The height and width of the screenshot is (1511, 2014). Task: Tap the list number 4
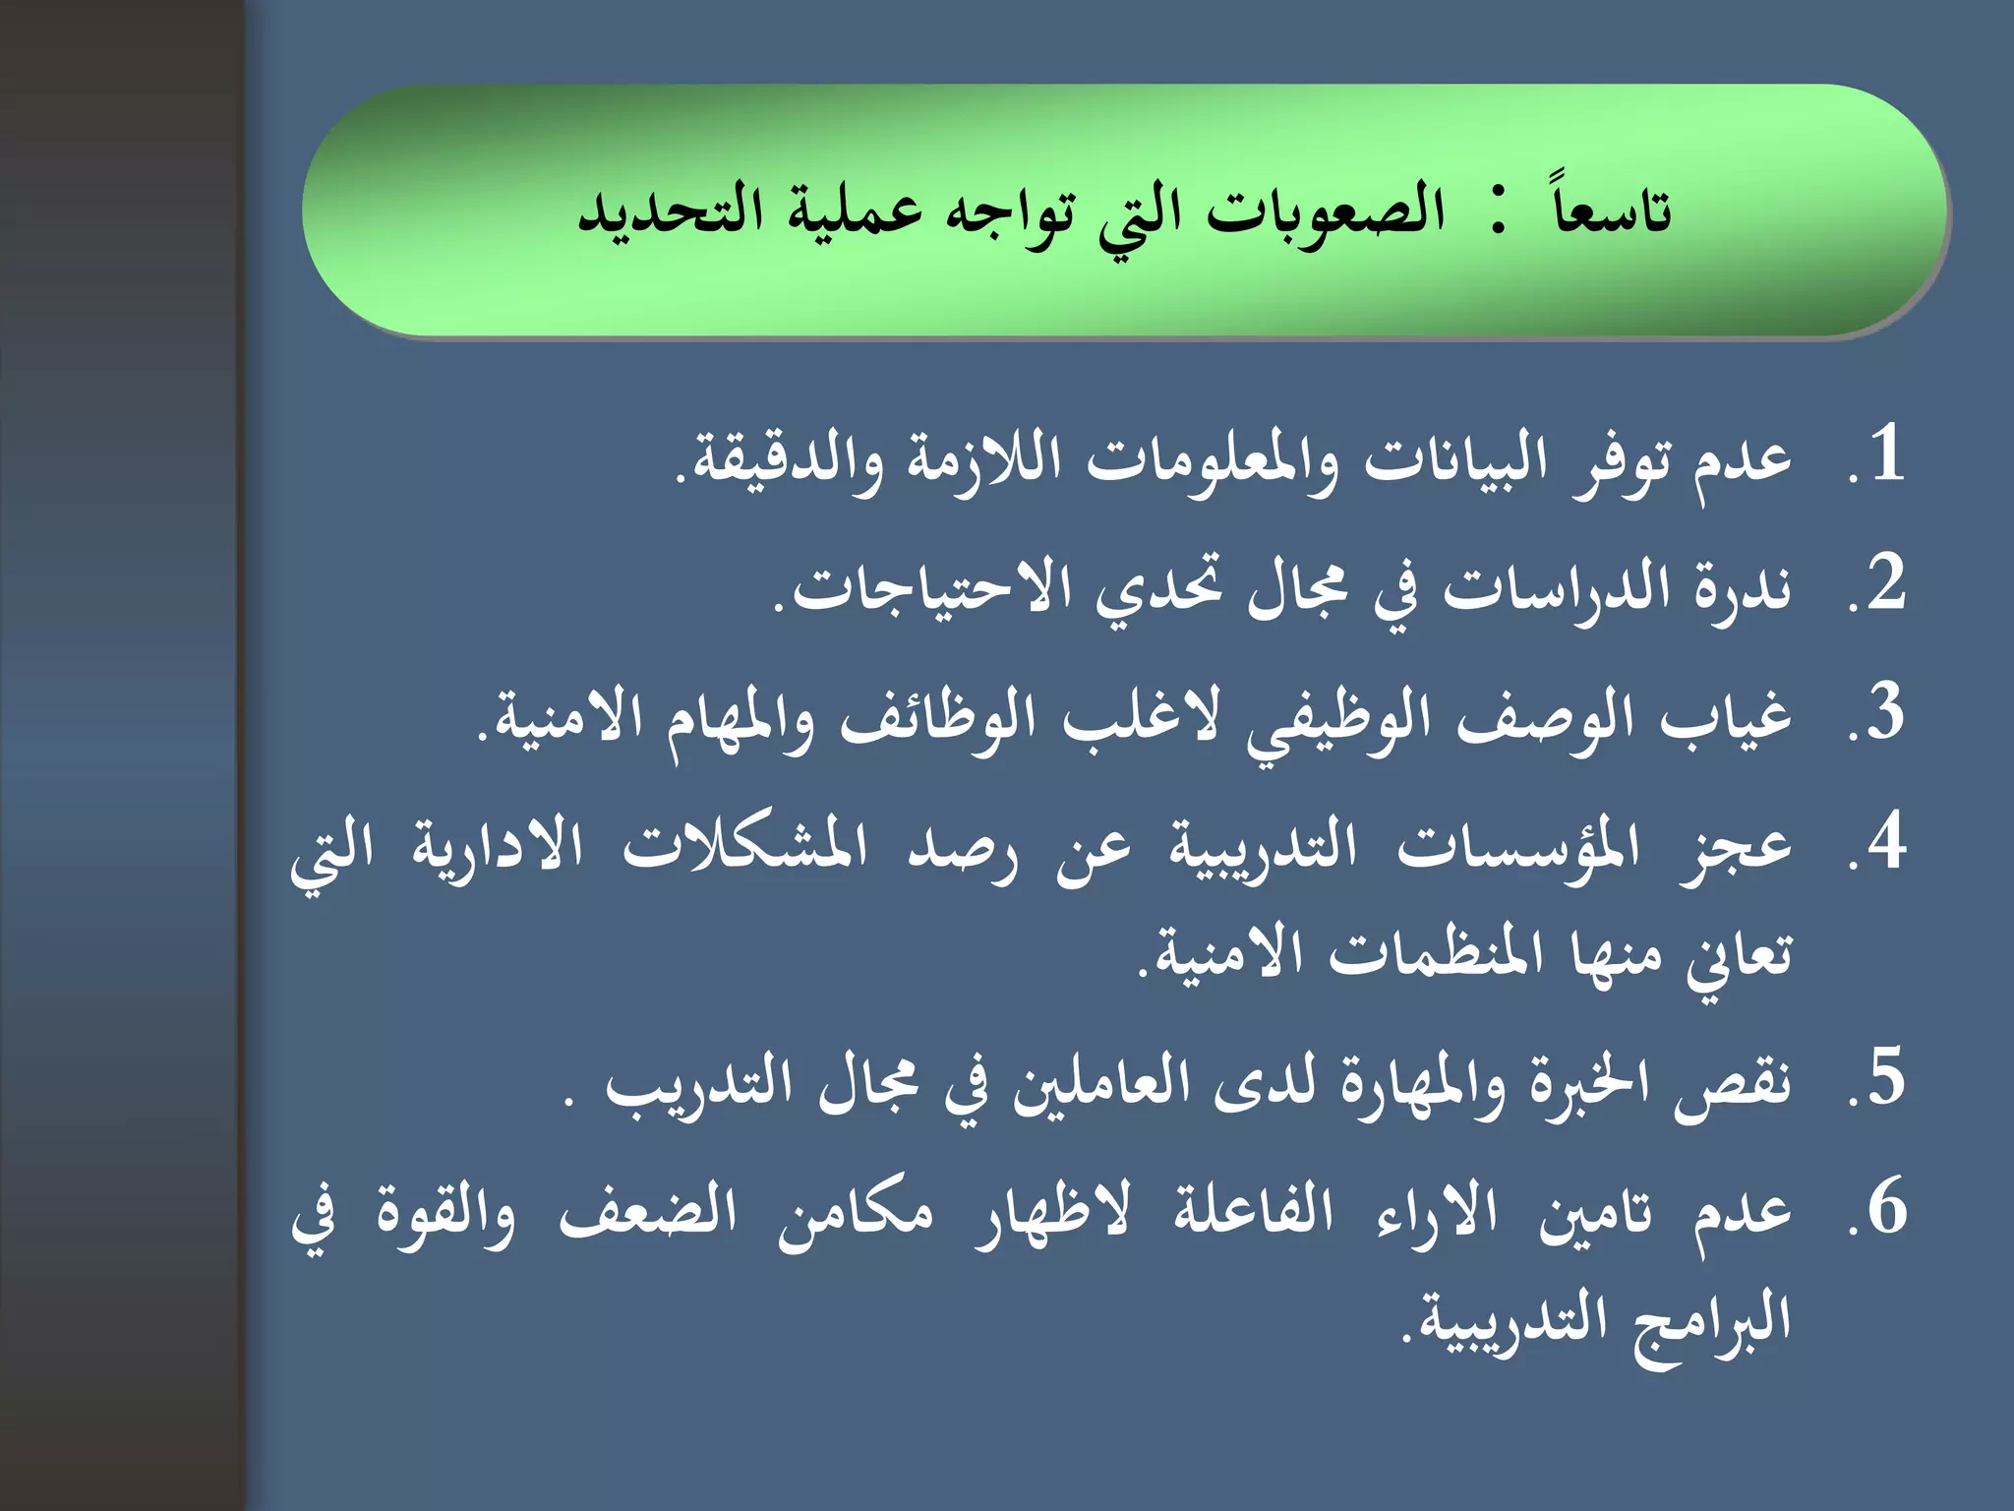pos(1886,842)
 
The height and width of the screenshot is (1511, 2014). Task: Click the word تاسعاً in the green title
pos(1613,209)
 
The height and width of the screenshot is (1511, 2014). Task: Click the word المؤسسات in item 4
pos(1519,846)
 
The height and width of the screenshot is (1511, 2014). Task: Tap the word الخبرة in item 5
pos(1595,1082)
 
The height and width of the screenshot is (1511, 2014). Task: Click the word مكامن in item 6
pos(855,1212)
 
